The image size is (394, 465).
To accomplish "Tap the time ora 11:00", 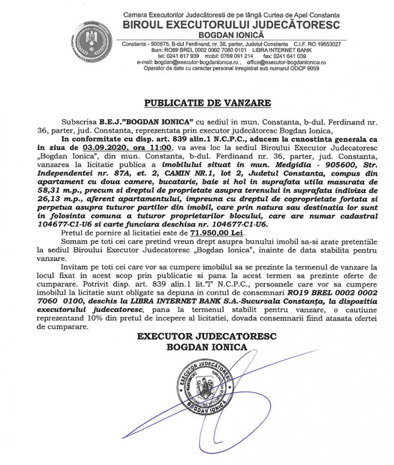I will [155, 147].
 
